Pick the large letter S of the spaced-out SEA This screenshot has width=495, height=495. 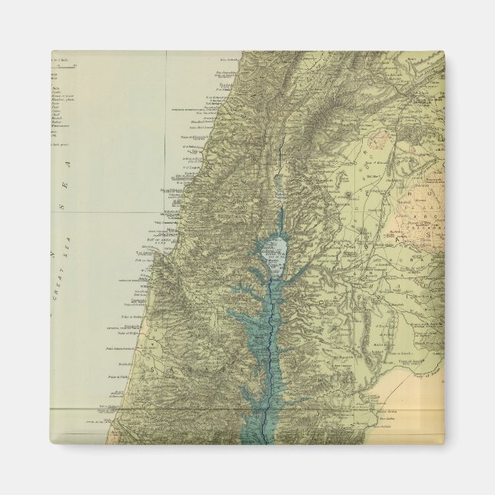pyautogui.click(x=67, y=196)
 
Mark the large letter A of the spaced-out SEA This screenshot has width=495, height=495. pyautogui.click(x=67, y=164)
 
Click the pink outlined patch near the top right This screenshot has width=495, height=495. pyautogui.click(x=379, y=140)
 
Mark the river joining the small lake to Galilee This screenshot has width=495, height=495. pyautogui.click(x=280, y=215)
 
